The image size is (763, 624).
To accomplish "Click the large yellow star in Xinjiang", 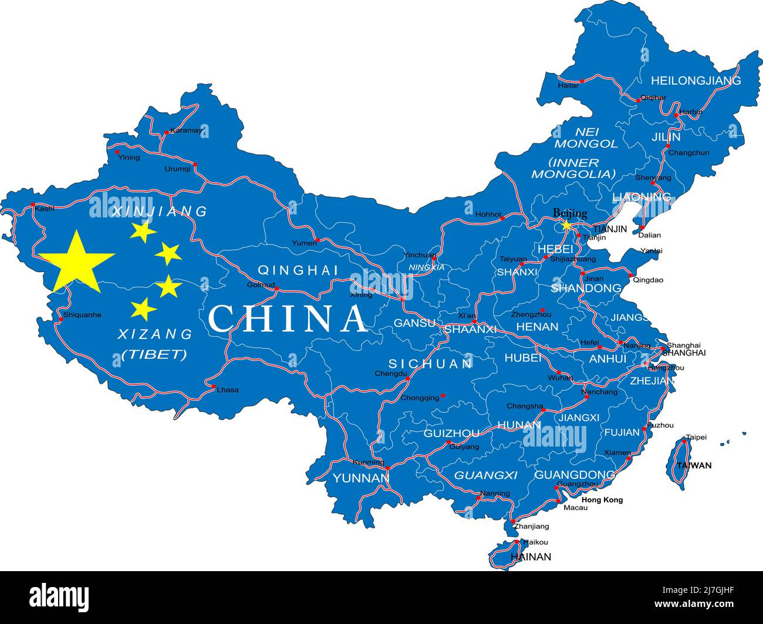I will tap(76, 262).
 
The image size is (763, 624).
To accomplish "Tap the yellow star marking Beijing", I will tap(566, 224).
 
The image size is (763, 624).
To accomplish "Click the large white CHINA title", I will tap(288, 318).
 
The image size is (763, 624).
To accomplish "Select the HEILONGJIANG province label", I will tap(696, 80).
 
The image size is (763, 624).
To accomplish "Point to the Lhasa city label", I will tap(228, 390).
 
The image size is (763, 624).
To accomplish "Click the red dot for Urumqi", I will tap(195, 165).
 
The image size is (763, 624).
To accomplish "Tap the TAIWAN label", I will tap(693, 465).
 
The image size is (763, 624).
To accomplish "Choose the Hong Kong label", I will tap(602, 500).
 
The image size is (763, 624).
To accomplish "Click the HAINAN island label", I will tap(531, 556).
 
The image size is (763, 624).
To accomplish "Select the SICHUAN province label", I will tap(430, 364).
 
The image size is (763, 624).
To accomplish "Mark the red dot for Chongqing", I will tap(443, 396).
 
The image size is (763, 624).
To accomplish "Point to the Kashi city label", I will tap(45, 209).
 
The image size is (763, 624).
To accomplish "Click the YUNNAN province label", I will tap(361, 478).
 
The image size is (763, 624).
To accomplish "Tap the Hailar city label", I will tap(568, 85).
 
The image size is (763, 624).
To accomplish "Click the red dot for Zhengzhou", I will tap(542, 310).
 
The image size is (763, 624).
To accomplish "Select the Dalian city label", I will tap(649, 235).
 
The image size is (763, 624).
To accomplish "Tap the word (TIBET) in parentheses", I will tap(154, 354).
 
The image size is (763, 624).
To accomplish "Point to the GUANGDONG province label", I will tap(574, 475).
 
